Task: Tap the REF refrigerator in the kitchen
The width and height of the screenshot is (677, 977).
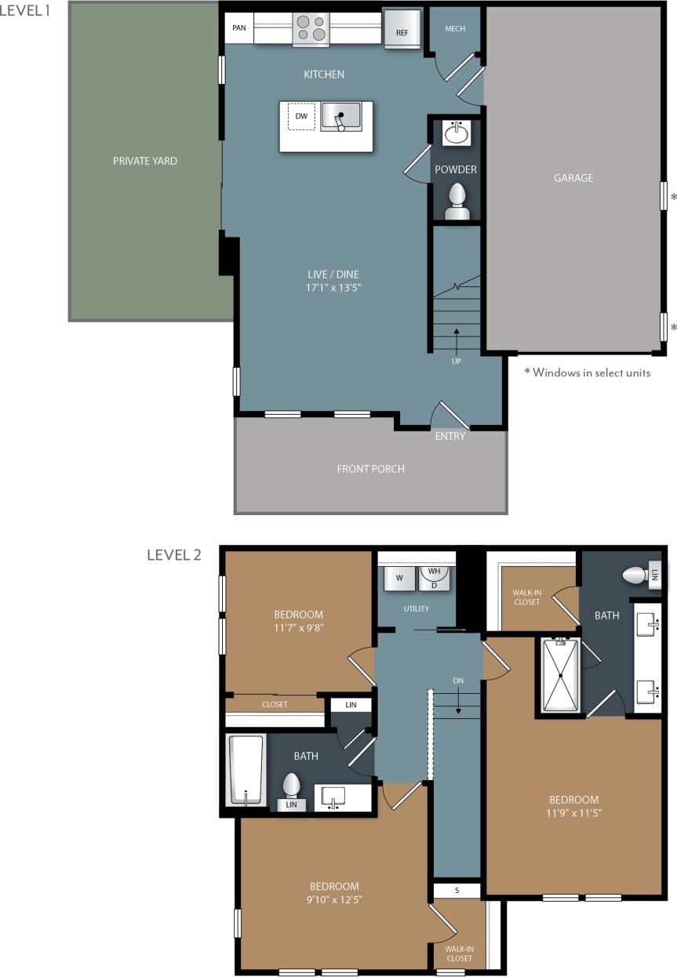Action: (402, 31)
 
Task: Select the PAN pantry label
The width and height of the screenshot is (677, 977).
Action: (239, 29)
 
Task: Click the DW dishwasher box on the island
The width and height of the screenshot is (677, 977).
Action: (301, 117)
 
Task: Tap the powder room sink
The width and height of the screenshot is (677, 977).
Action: (457, 134)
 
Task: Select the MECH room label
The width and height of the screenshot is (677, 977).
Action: (455, 29)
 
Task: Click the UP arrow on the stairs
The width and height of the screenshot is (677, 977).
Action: (457, 343)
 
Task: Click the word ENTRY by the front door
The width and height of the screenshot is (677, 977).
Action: (450, 436)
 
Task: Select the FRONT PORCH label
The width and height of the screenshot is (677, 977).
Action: (370, 469)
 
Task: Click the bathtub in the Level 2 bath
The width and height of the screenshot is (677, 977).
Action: (246, 769)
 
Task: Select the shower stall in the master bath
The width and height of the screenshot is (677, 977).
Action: (560, 675)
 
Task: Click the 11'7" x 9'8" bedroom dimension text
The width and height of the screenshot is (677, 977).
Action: (298, 628)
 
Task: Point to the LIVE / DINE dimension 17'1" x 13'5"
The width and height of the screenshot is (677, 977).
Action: (333, 287)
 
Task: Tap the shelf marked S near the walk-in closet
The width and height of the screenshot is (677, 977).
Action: (457, 890)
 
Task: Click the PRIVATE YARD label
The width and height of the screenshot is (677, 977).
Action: (145, 161)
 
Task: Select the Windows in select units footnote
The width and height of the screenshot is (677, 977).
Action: (588, 373)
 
